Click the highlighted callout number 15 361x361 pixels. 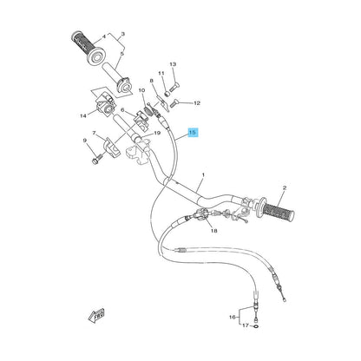tap(193, 133)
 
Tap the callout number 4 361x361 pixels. tap(104, 36)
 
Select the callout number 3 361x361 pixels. tap(122, 34)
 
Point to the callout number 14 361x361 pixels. tap(83, 116)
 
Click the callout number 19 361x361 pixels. tap(157, 133)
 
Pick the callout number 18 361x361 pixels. tap(214, 231)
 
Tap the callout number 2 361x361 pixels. tap(285, 187)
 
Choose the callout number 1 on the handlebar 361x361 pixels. tap(203, 174)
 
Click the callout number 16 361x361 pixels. tap(233, 318)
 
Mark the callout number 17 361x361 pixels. tap(246, 325)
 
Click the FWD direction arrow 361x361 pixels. tap(96, 316)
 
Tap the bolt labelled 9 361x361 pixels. tap(97, 158)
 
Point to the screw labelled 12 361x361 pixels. tap(174, 102)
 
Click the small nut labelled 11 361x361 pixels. tap(167, 94)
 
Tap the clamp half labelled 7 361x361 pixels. tap(111, 148)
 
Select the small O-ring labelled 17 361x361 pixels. tap(256, 326)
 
